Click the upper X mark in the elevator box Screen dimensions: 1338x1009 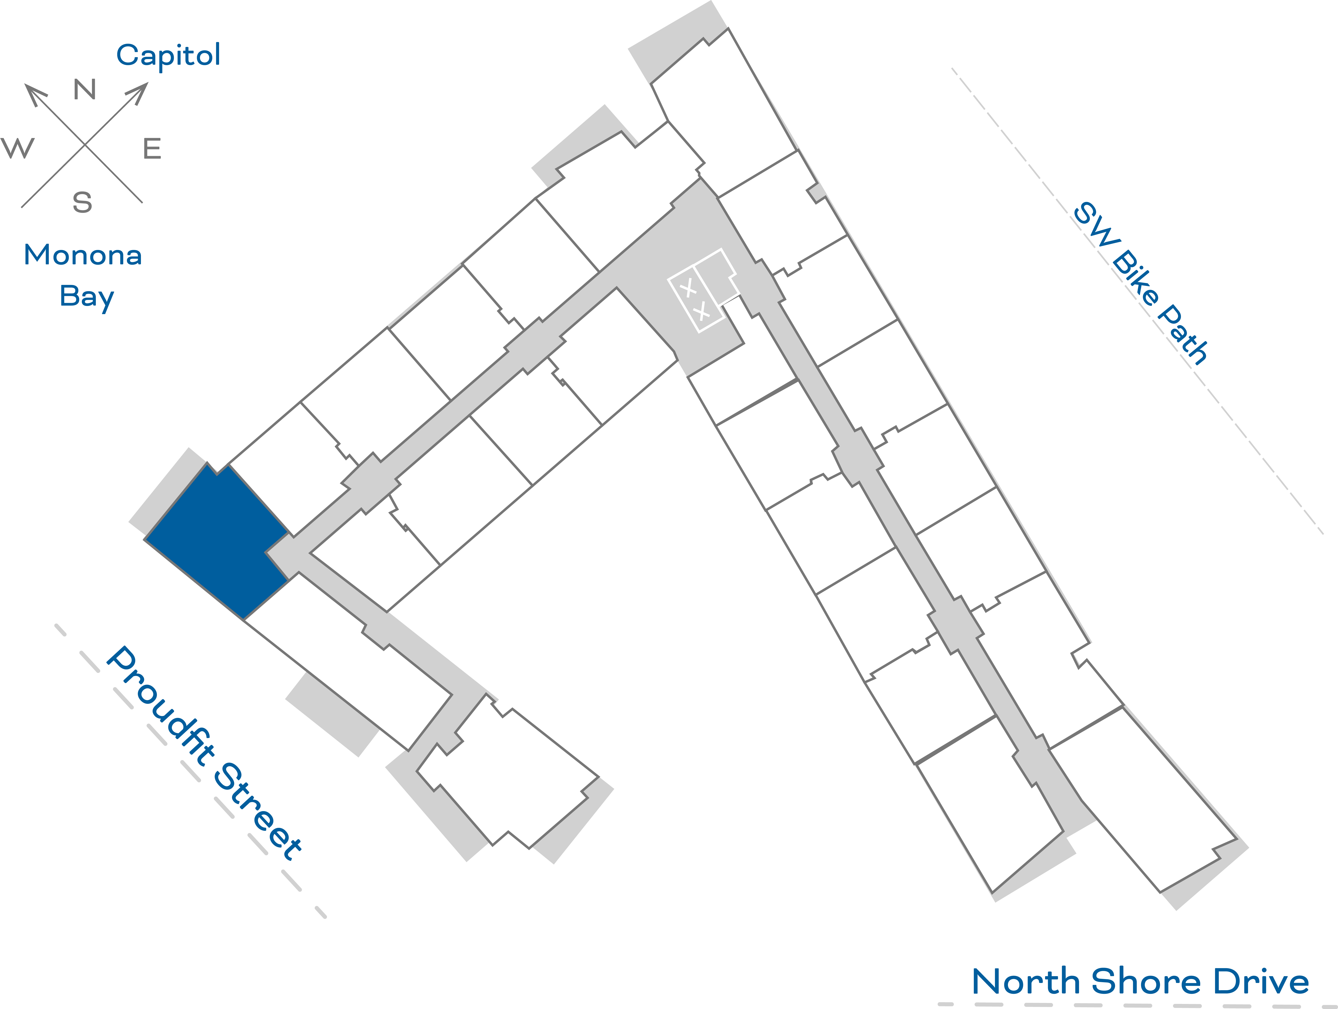[688, 289]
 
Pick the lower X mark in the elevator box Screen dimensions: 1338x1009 [702, 312]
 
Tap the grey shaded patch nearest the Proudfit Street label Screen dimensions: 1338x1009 [331, 714]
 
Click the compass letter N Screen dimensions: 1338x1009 [85, 90]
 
